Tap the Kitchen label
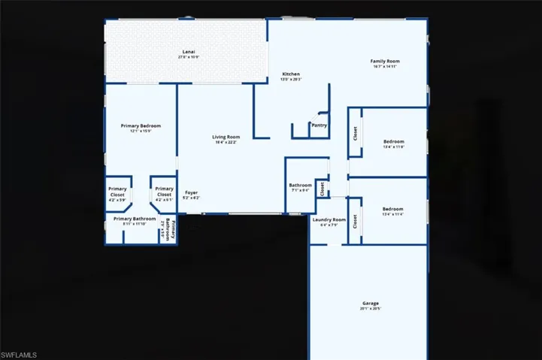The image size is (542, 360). (x=291, y=74)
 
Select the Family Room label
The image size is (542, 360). (x=384, y=61)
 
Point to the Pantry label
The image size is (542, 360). (x=319, y=126)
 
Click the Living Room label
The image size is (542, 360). (x=226, y=137)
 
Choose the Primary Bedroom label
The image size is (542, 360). (x=141, y=126)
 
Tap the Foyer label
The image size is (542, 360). (x=192, y=193)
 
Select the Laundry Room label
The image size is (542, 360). (x=329, y=219)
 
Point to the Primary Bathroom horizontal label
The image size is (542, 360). (x=135, y=219)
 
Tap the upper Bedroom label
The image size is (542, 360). (x=393, y=141)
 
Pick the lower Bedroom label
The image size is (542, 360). (x=392, y=209)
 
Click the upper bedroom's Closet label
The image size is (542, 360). (x=355, y=133)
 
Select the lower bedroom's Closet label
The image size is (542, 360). (x=355, y=221)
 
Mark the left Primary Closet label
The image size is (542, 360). (x=117, y=192)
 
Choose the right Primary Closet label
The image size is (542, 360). (x=164, y=192)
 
